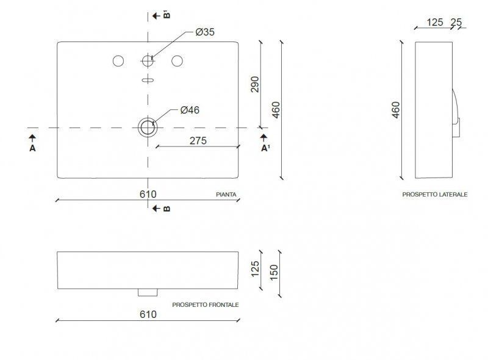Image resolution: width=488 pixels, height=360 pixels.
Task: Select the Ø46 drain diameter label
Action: click(x=190, y=110)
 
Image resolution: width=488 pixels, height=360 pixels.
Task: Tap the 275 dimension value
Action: click(x=198, y=140)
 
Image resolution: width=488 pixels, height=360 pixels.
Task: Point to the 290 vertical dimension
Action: click(x=255, y=84)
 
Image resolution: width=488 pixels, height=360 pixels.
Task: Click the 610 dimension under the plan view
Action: click(x=148, y=194)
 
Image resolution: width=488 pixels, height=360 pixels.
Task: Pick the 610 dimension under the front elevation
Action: click(x=148, y=314)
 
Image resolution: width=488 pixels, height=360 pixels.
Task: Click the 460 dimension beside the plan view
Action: click(x=276, y=110)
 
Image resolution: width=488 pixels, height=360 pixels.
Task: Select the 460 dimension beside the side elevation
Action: click(x=396, y=110)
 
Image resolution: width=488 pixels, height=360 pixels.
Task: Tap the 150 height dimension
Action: click(x=274, y=270)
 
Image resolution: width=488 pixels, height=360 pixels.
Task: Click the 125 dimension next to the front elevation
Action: click(x=255, y=268)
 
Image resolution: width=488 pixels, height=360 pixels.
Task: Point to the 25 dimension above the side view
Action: click(x=455, y=23)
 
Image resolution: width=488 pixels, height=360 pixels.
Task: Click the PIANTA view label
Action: click(x=226, y=195)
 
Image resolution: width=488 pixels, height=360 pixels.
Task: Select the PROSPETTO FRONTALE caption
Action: click(x=206, y=304)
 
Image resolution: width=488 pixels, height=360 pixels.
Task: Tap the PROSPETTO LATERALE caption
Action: click(x=434, y=194)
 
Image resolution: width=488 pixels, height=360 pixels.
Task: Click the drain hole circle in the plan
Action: click(x=148, y=128)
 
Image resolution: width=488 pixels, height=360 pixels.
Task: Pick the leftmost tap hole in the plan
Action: click(x=118, y=61)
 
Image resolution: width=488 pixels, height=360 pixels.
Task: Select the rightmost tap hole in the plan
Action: click(x=178, y=61)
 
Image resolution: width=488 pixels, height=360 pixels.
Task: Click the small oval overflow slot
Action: click(x=148, y=80)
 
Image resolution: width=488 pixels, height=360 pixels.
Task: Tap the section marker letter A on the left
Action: click(x=32, y=148)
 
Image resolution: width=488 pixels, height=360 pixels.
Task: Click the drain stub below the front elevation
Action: click(x=148, y=292)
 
